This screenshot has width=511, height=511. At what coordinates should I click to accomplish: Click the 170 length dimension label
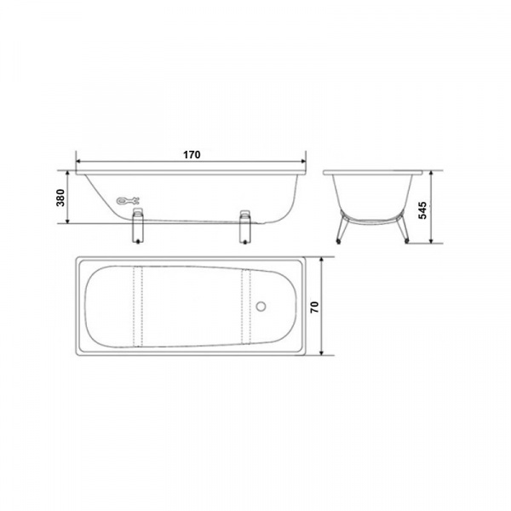tap(192, 155)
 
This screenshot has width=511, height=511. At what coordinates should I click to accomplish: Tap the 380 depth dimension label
tap(61, 198)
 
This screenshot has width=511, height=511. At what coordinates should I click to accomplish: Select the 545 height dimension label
tap(422, 210)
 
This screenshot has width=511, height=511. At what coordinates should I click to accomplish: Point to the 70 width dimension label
tap(315, 307)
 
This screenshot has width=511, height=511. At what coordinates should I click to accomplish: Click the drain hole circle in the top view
tap(261, 306)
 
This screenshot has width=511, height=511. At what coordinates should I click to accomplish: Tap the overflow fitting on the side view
tap(128, 201)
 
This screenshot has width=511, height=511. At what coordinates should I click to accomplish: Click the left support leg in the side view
tap(137, 227)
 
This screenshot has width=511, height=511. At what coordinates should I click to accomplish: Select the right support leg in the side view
tap(245, 227)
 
